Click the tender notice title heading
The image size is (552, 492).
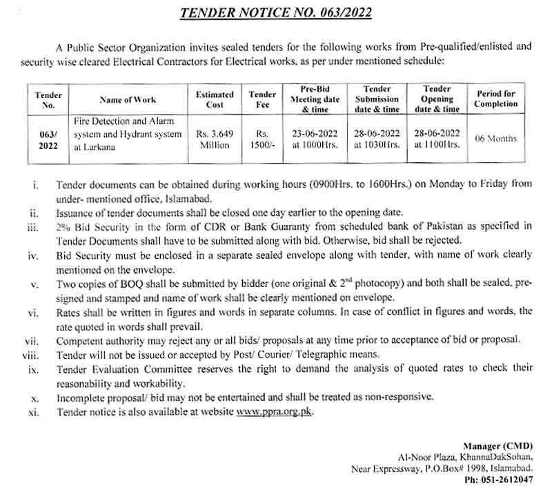[275, 12]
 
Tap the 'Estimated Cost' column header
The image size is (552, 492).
[215, 99]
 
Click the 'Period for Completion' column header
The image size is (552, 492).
[495, 99]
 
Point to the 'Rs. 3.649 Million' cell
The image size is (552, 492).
[215, 139]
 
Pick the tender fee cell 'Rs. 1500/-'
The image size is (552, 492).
[262, 139]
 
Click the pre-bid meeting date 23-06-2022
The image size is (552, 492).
[314, 133]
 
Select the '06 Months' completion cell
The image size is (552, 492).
[495, 139]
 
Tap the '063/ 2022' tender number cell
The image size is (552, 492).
[48, 139]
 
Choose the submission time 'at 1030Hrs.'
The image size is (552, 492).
[377, 145]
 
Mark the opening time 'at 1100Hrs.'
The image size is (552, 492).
[437, 145]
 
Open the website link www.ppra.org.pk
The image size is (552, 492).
[275, 412]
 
